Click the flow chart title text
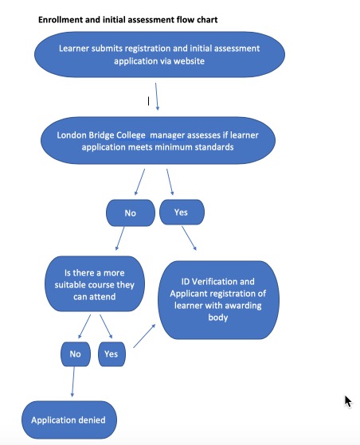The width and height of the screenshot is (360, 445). pyautogui.click(x=127, y=20)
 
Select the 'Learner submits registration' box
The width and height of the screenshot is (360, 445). pyautogui.click(x=159, y=54)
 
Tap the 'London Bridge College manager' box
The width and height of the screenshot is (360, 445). pyautogui.click(x=158, y=140)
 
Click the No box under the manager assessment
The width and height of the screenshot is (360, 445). pyautogui.click(x=131, y=213)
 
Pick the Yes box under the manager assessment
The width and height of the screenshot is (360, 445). pyautogui.click(x=182, y=212)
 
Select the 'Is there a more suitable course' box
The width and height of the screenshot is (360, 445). pyautogui.click(x=95, y=284)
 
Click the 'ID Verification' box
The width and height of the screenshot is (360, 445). pyautogui.click(x=218, y=299)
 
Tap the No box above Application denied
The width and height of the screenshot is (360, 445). pyautogui.click(x=76, y=354)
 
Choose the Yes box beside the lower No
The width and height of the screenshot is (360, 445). pyautogui.click(x=112, y=354)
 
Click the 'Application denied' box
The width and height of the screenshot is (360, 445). pyautogui.click(x=69, y=420)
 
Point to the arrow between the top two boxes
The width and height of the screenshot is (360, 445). pyautogui.click(x=157, y=96)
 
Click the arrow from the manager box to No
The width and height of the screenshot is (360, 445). pyautogui.click(x=139, y=182)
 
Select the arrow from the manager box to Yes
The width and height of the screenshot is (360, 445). pyautogui.click(x=170, y=182)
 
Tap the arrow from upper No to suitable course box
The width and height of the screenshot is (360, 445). pyautogui.click(x=119, y=238)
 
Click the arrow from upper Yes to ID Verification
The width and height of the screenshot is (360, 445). pyautogui.click(x=189, y=238)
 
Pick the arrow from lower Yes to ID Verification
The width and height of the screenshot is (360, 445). pyautogui.click(x=144, y=336)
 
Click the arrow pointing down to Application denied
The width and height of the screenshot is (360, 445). pyautogui.click(x=73, y=381)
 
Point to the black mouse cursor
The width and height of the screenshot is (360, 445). pyautogui.click(x=348, y=401)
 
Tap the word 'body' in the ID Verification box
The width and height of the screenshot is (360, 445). pyautogui.click(x=218, y=318)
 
